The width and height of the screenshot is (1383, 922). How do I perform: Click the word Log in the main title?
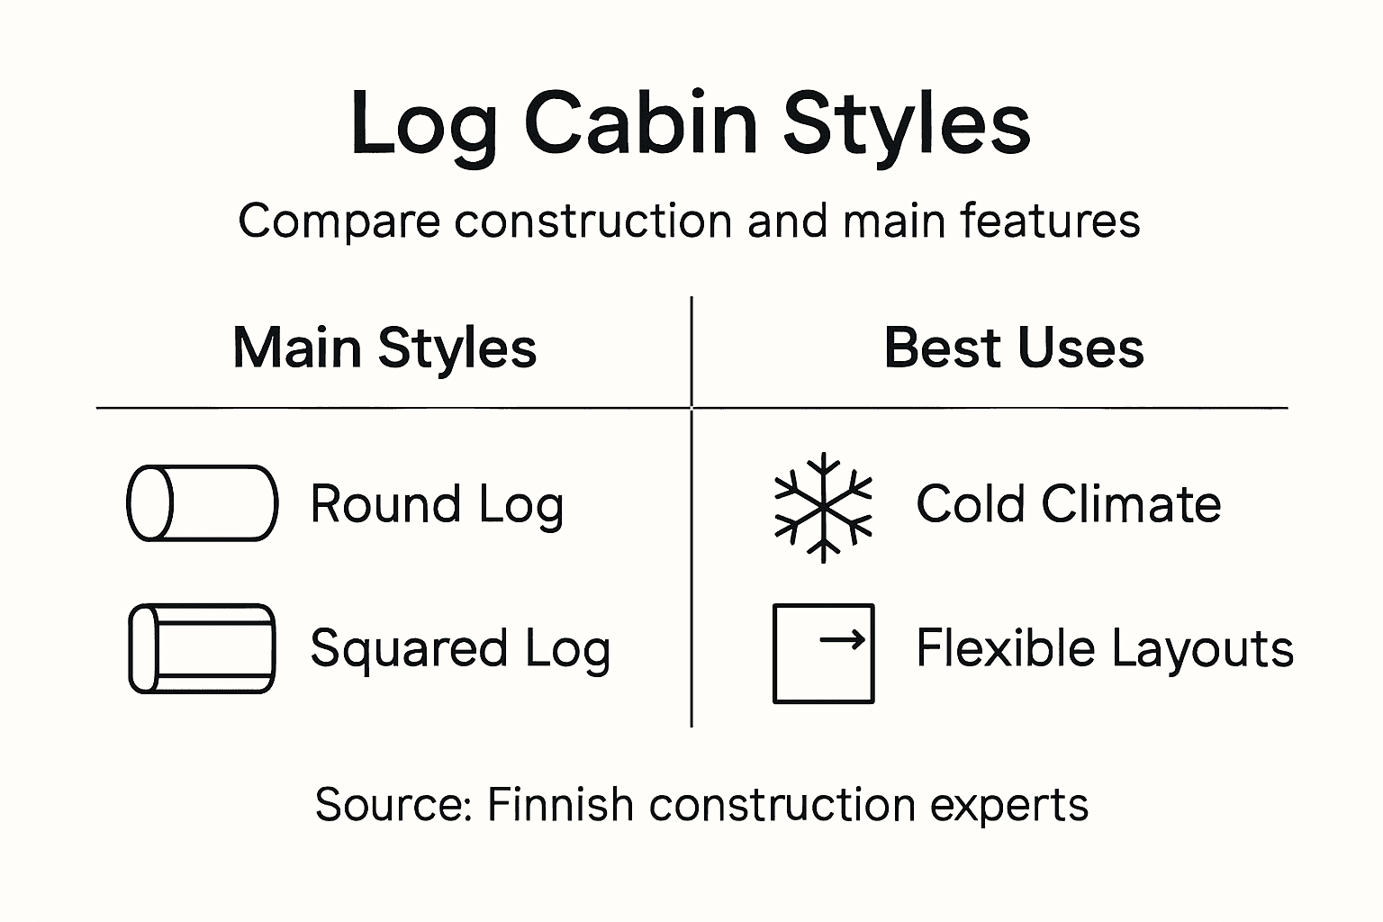tap(423, 126)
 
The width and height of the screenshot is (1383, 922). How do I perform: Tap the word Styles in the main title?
tap(906, 126)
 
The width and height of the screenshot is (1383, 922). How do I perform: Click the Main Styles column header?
tap(384, 348)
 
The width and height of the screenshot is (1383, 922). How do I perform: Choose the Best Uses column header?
tap(1014, 348)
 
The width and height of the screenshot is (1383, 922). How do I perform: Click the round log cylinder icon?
tap(202, 503)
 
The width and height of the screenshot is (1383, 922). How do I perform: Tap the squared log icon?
tap(202, 648)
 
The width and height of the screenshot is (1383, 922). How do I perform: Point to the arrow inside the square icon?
tap(844, 640)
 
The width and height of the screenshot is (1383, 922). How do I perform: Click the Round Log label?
tap(437, 504)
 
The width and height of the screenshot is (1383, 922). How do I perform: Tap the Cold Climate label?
tap(1068, 504)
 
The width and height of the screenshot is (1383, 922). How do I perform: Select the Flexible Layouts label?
tap(1105, 648)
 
